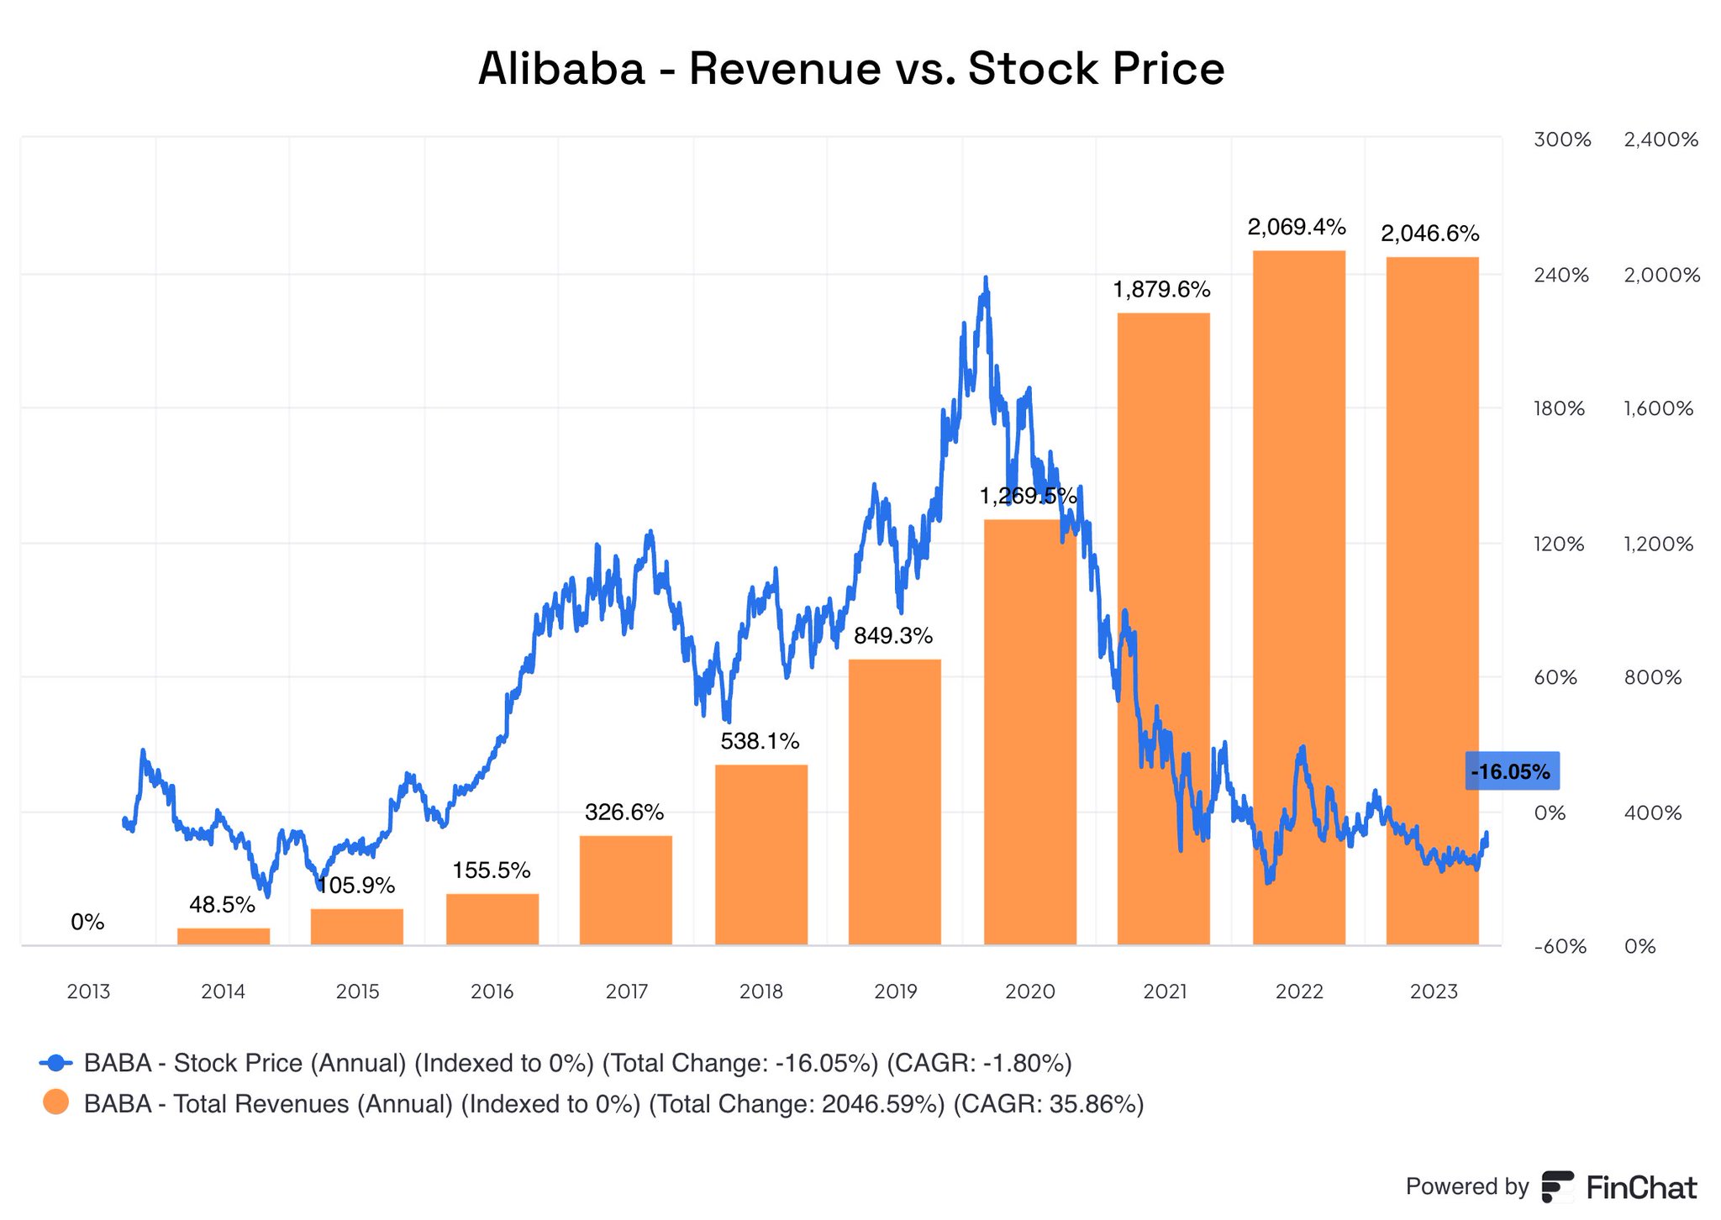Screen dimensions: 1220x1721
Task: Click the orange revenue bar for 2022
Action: pos(1298,597)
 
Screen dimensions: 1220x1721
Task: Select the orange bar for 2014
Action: pos(224,936)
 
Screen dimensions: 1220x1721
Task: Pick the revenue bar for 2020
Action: pos(1029,731)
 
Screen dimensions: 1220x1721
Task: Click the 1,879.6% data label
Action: pos(1161,290)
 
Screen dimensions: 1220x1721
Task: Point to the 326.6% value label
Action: pos(624,812)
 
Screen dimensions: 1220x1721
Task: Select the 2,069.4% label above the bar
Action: pos(1297,227)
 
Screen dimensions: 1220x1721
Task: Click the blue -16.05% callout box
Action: pos(1511,771)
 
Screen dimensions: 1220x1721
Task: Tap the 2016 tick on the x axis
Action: pos(492,991)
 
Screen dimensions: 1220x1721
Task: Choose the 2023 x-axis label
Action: pos(1434,991)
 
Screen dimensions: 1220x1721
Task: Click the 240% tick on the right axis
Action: pos(1560,276)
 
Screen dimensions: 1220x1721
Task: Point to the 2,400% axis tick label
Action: pos(1661,140)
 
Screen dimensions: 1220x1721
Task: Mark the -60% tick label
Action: pos(1560,947)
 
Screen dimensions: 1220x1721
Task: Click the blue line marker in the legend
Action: pos(56,1063)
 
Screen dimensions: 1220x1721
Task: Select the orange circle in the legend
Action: pos(56,1102)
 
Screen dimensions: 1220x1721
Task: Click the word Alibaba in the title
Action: pos(561,69)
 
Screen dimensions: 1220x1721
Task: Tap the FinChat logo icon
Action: pos(1557,1186)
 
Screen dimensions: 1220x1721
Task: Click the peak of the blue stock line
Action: pos(986,278)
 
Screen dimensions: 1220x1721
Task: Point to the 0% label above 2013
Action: pos(87,923)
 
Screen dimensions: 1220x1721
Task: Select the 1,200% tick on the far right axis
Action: pos(1658,544)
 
